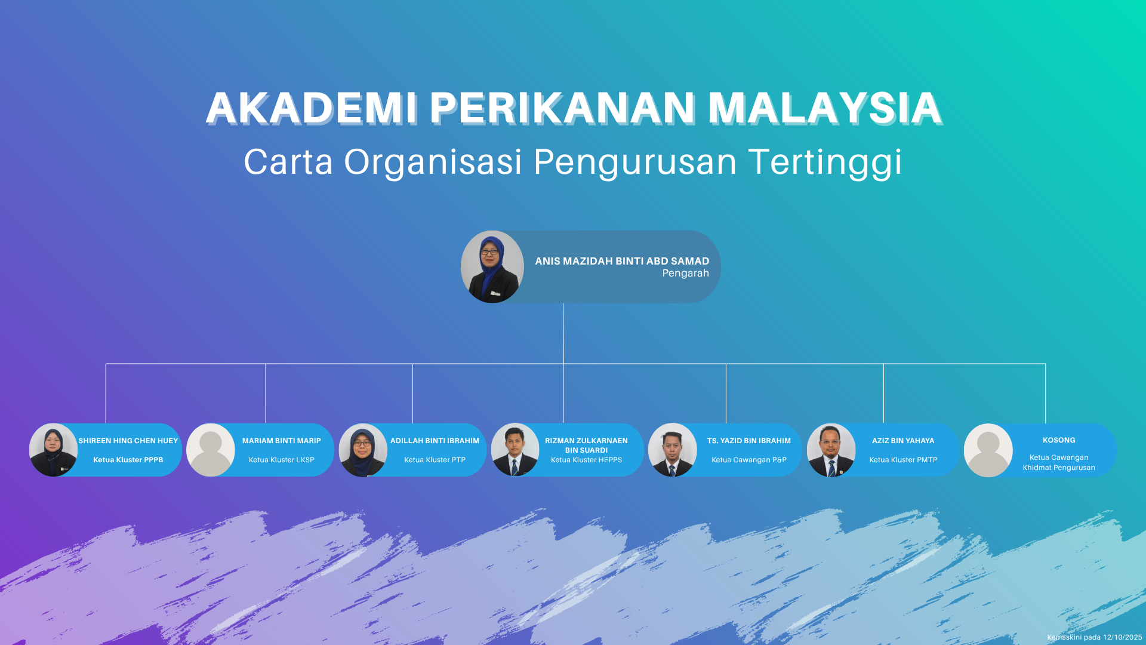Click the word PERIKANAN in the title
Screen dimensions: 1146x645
tap(562, 108)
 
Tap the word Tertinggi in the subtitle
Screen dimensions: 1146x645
tap(825, 162)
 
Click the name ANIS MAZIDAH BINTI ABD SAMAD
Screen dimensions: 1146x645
tap(622, 261)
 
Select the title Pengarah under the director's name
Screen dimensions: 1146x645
tap(685, 274)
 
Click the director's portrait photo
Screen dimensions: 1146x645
tap(492, 267)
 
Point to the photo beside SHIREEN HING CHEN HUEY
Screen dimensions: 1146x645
tap(53, 450)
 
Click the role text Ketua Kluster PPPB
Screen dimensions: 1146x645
tap(128, 460)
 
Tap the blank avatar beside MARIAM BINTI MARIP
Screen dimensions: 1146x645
tap(211, 450)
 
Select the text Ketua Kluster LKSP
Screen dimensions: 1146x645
tap(282, 460)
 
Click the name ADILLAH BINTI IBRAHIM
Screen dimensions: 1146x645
tap(435, 441)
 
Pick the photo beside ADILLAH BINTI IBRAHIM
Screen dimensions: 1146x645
tap(363, 450)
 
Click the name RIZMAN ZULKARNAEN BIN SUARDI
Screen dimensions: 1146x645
tap(586, 446)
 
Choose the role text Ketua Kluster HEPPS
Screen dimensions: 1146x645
tap(586, 460)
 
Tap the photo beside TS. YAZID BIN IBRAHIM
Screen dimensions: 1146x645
tap(673, 450)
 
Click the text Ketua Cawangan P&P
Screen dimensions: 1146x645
tap(749, 460)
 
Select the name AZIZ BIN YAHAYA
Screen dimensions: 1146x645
tap(903, 441)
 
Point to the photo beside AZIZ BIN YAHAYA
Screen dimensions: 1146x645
tap(831, 450)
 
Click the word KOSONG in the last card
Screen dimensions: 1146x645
tap(1059, 440)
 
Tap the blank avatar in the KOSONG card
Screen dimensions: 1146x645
tap(988, 450)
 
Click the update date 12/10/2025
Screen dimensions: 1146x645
tap(1122, 637)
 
